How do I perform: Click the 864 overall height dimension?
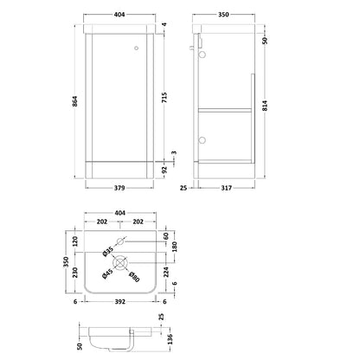(74, 101)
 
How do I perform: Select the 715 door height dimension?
(164, 98)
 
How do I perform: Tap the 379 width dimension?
(119, 188)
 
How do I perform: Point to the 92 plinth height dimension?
(164, 170)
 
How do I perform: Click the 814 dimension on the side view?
(265, 106)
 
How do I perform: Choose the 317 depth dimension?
(227, 188)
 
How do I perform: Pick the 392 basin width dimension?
(120, 302)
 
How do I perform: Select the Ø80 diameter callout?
(133, 276)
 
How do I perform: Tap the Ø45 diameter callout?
(107, 274)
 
